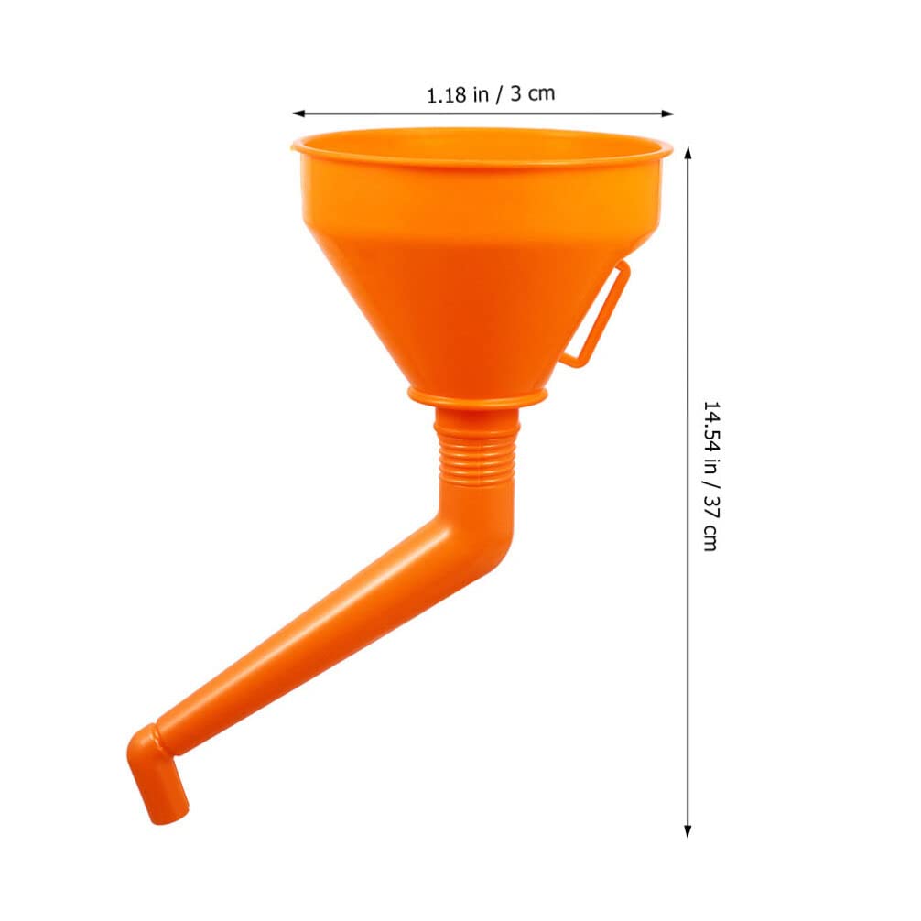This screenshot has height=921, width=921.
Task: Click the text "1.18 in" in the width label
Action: coord(457,94)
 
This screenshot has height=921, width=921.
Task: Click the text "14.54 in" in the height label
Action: coord(710,440)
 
